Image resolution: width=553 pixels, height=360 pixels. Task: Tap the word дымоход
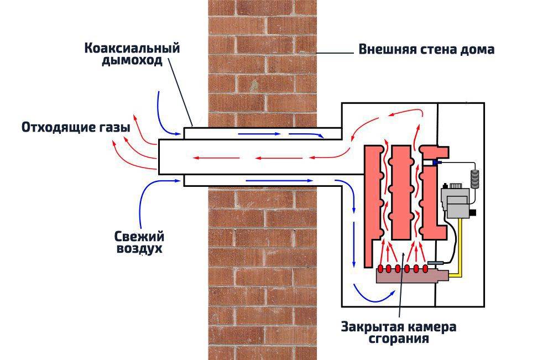132,61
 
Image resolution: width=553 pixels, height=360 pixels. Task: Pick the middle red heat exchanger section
401,191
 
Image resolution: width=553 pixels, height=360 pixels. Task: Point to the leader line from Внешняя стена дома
335,52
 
